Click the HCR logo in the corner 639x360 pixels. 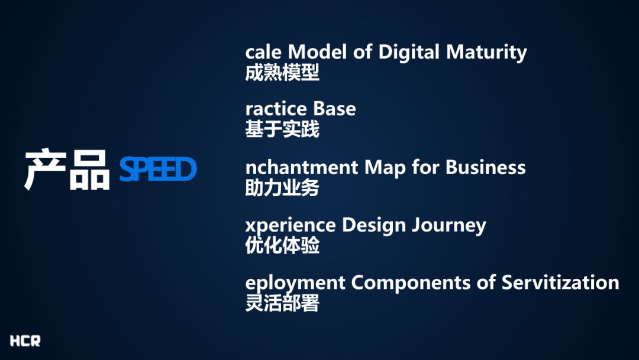[25, 341]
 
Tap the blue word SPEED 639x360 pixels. [158, 169]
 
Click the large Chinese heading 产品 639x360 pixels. [67, 169]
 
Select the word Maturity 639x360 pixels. [486, 53]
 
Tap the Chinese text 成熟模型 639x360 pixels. [282, 73]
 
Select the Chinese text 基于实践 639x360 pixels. [282, 129]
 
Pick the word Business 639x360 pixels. [485, 167]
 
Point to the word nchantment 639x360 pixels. [302, 167]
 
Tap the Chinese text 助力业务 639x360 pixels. [282, 188]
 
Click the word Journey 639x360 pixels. [448, 226]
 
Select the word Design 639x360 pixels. [374, 226]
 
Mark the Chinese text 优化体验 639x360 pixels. [282, 246]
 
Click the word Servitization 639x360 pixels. [560, 282]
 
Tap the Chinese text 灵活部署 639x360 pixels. [282, 303]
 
